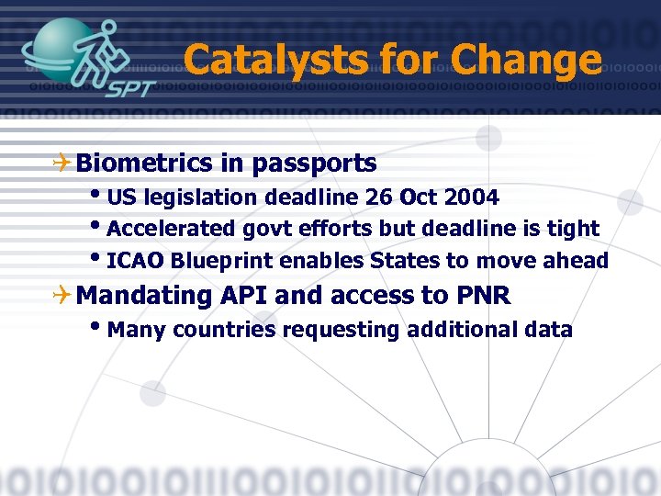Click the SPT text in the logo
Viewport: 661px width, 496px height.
click(x=129, y=91)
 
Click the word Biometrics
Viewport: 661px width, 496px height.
click(x=145, y=163)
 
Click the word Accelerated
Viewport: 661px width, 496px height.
click(x=172, y=229)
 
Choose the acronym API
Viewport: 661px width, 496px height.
click(x=244, y=296)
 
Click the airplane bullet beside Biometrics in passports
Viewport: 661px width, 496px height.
click(x=62, y=164)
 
